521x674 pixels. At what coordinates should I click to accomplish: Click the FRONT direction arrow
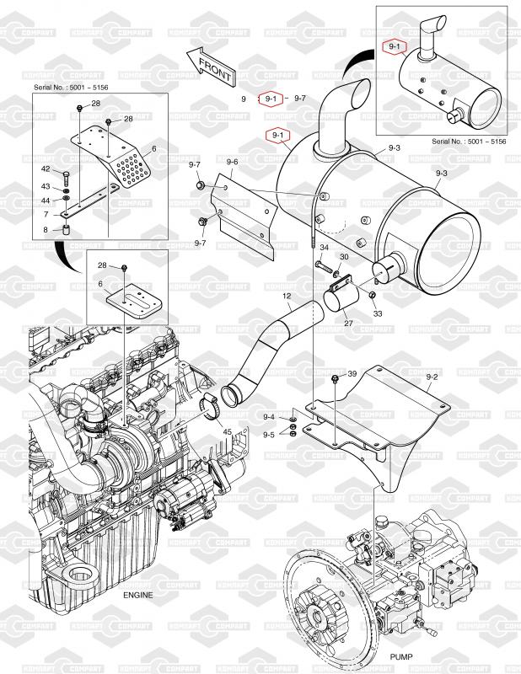(211, 67)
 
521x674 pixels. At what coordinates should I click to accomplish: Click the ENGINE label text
(137, 596)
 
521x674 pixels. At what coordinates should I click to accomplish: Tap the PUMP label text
(401, 657)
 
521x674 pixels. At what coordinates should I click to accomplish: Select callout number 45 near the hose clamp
(227, 431)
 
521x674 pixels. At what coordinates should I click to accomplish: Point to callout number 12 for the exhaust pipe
(287, 297)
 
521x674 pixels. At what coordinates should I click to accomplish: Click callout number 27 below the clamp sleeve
(348, 324)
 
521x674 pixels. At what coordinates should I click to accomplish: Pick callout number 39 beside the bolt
(352, 374)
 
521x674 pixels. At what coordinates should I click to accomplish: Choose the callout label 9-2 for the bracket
(432, 377)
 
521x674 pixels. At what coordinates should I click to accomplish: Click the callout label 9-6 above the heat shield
(233, 162)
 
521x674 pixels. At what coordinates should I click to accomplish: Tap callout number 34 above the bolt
(324, 248)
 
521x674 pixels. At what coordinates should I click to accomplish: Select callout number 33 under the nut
(378, 313)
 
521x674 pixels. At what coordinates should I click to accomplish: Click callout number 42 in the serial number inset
(46, 169)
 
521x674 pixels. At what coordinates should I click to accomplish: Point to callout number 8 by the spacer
(46, 230)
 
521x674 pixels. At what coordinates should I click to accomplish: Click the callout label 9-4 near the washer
(269, 417)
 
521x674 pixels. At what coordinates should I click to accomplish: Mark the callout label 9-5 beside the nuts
(269, 435)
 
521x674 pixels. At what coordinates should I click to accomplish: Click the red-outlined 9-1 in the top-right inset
(394, 47)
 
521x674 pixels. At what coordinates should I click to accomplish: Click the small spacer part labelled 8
(67, 230)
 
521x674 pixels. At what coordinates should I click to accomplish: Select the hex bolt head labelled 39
(335, 378)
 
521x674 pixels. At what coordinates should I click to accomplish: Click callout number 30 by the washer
(344, 257)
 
